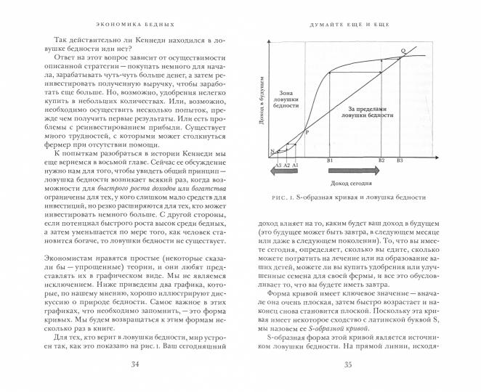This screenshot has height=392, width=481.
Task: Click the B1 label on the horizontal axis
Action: pyautogui.click(x=330, y=159)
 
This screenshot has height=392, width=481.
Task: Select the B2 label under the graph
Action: pyautogui.click(x=381, y=159)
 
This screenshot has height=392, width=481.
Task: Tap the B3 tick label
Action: pyautogui.click(x=400, y=159)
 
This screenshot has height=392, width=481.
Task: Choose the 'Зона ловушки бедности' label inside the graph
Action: pyautogui.click(x=286, y=104)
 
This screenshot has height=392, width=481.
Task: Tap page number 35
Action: pyautogui.click(x=352, y=366)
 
